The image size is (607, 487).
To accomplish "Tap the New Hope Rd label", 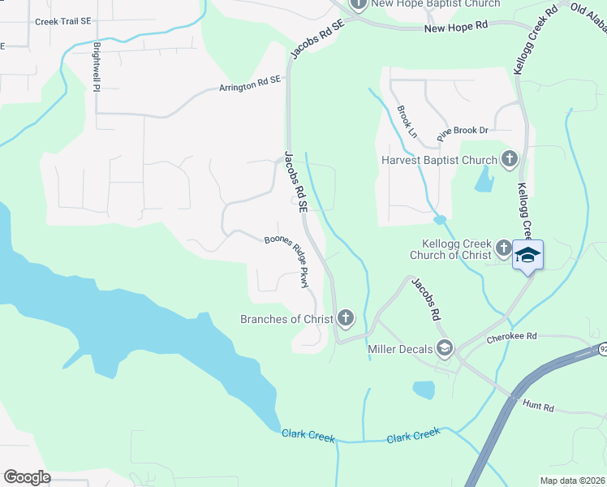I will click(456, 28).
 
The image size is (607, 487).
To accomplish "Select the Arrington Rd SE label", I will click(249, 84).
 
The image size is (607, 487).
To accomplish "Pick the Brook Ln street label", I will click(407, 121).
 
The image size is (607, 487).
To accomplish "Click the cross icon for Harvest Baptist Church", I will click(509, 159).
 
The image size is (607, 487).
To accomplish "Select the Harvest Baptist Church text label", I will click(438, 160).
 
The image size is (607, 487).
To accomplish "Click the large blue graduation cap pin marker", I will click(528, 256).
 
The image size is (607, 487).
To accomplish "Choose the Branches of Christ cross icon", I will click(346, 318).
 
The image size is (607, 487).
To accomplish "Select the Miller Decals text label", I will click(398, 349).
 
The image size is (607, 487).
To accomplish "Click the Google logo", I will click(27, 477).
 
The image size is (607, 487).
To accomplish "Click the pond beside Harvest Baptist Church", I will click(483, 179).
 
